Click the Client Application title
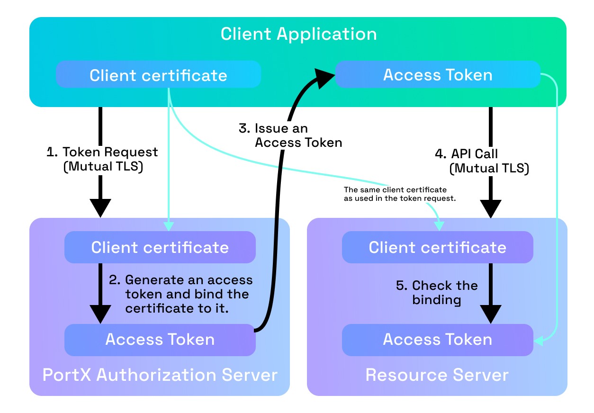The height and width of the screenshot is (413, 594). tap(298, 34)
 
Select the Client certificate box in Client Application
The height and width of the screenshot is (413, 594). tap(158, 75)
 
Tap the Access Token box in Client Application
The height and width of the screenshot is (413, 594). tap(438, 75)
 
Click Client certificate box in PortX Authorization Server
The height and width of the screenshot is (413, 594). tap(160, 247)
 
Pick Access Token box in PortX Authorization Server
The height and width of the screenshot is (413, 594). tap(160, 340)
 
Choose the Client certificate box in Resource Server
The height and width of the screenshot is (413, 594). tap(438, 247)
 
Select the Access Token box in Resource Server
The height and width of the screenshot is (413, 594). tap(438, 340)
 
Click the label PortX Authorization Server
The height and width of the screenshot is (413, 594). tap(160, 375)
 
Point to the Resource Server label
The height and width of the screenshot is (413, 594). tap(437, 375)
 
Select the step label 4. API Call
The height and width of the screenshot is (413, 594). tap(481, 161)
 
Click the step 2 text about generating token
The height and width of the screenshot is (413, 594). tap(187, 294)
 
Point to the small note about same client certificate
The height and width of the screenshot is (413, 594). tap(399, 194)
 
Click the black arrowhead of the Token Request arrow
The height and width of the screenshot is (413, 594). tap(100, 207)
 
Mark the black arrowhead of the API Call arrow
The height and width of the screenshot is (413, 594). tap(491, 208)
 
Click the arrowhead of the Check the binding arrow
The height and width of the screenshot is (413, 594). tap(491, 314)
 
